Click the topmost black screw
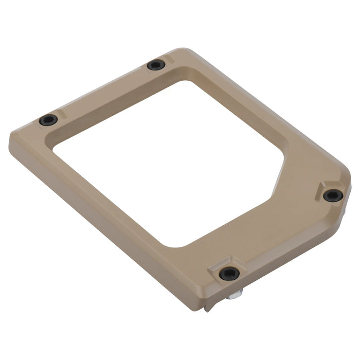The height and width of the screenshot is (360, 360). click(156, 65)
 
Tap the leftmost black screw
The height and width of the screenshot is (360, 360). click(48, 120)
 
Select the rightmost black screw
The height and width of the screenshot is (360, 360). click(333, 195)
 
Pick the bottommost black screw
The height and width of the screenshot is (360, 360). click(228, 273)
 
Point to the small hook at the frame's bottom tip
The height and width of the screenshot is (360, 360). click(207, 308)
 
